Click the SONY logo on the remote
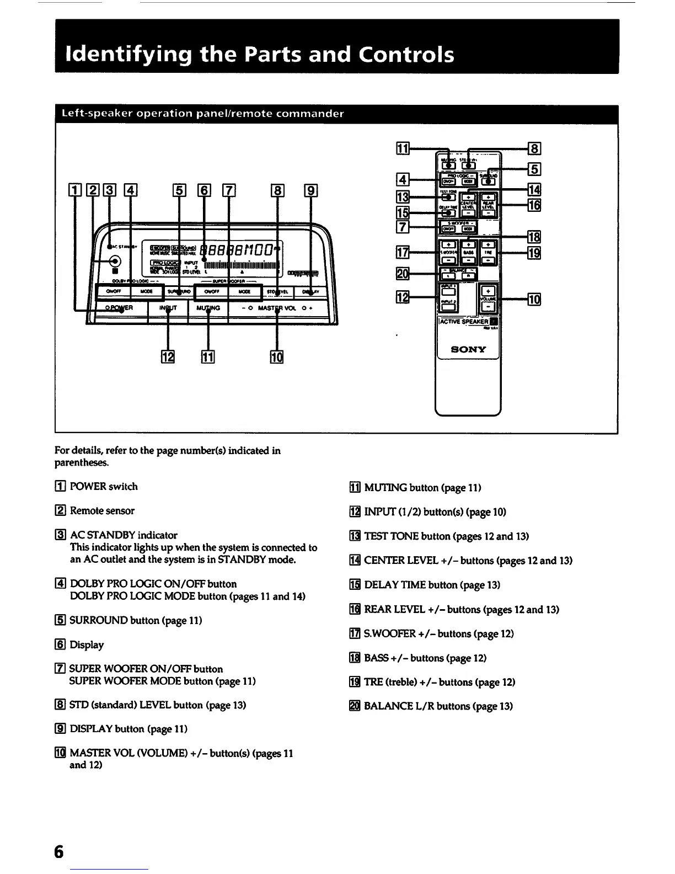(x=469, y=349)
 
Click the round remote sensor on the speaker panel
(x=115, y=263)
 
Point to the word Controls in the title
(x=406, y=54)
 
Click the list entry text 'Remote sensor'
(x=102, y=510)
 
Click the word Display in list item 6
(x=87, y=644)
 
